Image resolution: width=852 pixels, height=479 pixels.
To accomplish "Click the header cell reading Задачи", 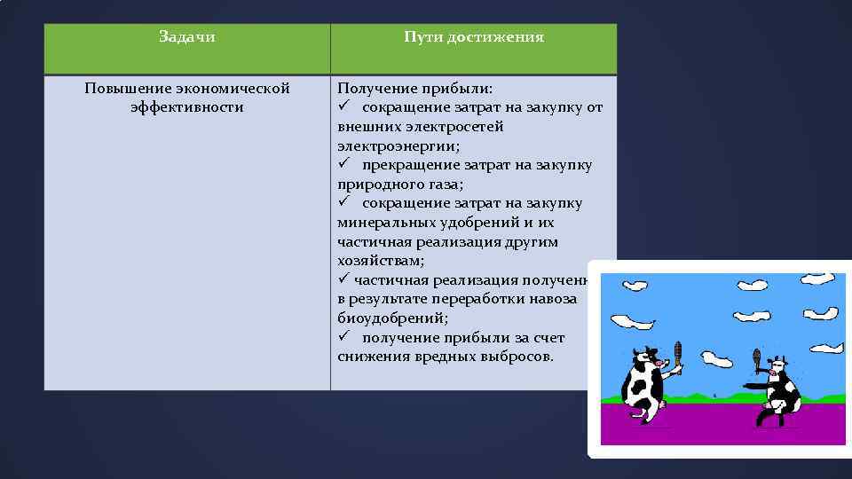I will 186,37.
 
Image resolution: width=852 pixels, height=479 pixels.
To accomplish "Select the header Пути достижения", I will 473,37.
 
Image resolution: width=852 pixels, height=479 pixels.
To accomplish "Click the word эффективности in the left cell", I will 186,107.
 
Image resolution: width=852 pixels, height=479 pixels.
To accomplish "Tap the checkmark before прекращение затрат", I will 343,165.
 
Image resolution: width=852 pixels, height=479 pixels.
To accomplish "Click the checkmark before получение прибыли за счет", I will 343,338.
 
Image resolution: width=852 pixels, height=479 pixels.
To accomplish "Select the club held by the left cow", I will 677,355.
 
